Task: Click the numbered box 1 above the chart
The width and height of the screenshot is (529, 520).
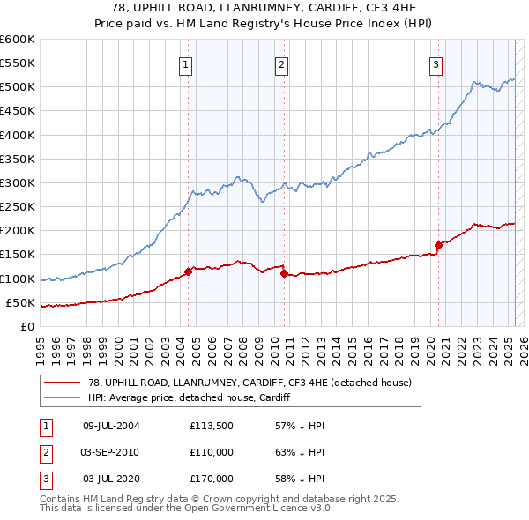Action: (187, 63)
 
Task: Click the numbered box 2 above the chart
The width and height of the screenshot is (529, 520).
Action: (281, 63)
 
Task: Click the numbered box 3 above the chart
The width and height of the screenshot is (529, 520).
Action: (436, 63)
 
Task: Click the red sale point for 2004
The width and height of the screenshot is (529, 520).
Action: (188, 271)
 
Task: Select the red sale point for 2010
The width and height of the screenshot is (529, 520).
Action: (284, 273)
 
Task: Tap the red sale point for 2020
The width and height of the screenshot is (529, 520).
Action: (437, 245)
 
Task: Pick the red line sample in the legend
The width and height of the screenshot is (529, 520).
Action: (63, 383)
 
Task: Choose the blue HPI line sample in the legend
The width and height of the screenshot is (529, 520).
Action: (63, 397)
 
